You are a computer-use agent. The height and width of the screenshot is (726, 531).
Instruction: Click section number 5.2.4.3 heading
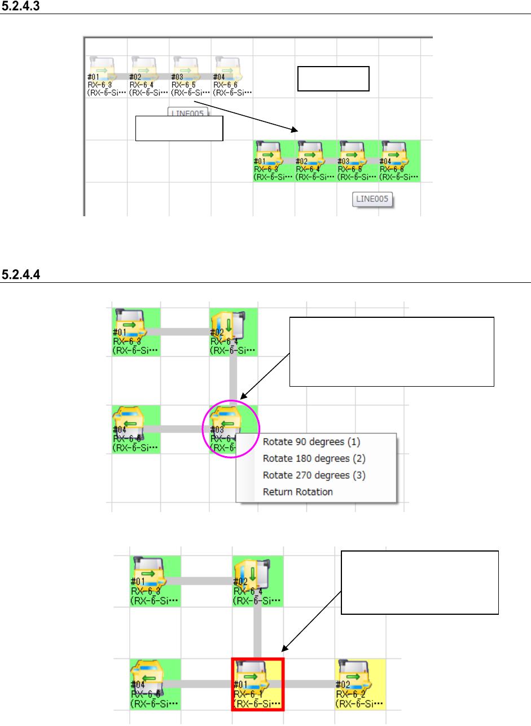(22, 7)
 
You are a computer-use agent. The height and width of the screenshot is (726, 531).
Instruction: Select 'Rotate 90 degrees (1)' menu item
(311, 441)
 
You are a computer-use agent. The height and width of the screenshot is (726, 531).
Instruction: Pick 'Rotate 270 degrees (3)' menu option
(314, 475)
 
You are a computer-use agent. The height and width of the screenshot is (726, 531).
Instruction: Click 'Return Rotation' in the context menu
(297, 492)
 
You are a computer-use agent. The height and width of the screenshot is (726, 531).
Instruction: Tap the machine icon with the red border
(257, 684)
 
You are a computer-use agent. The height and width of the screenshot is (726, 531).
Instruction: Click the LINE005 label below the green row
(373, 199)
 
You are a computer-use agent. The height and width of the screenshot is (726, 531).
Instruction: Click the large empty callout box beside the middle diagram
(392, 352)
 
